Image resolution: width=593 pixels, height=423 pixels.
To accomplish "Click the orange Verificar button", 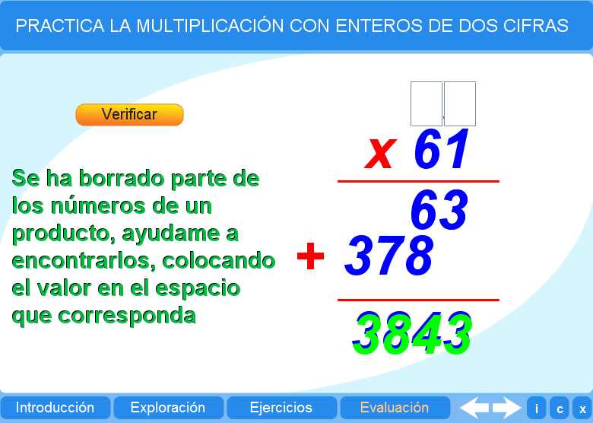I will point(129,114).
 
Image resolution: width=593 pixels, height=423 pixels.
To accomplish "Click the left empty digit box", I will point(426,103).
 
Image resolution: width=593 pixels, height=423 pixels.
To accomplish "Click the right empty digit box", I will point(460,103).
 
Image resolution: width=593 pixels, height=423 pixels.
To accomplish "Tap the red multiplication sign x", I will point(379,152).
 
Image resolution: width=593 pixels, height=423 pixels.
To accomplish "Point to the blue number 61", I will point(442,151).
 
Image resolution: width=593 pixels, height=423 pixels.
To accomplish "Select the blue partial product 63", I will point(439,210).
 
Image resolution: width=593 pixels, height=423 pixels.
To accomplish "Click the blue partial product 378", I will point(388,256).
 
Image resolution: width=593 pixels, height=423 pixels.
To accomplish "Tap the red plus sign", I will point(310,256).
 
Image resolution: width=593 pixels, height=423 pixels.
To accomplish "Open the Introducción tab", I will point(55,408).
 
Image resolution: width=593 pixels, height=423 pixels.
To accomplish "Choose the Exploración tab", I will point(168,408).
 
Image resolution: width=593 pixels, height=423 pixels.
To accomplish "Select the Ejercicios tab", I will point(281,408).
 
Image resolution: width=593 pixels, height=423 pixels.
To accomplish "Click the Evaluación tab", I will point(395,408).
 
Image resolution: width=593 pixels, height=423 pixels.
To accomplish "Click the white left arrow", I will point(475,408).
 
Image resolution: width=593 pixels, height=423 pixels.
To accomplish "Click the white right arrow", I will point(506,408).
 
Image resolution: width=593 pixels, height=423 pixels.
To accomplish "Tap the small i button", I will point(537,409).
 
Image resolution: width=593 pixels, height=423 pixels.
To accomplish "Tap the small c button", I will point(560,409).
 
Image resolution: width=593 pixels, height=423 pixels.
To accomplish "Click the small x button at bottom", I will point(582,409).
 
